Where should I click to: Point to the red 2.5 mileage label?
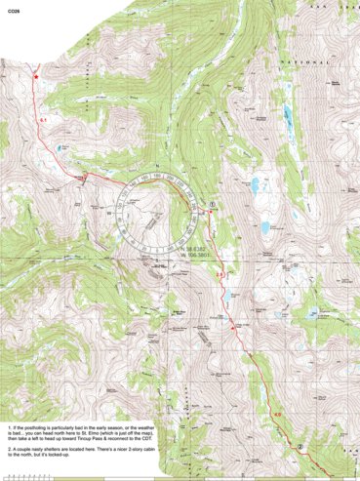(x=220, y=277)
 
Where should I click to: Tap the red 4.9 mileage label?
(x=276, y=416)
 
